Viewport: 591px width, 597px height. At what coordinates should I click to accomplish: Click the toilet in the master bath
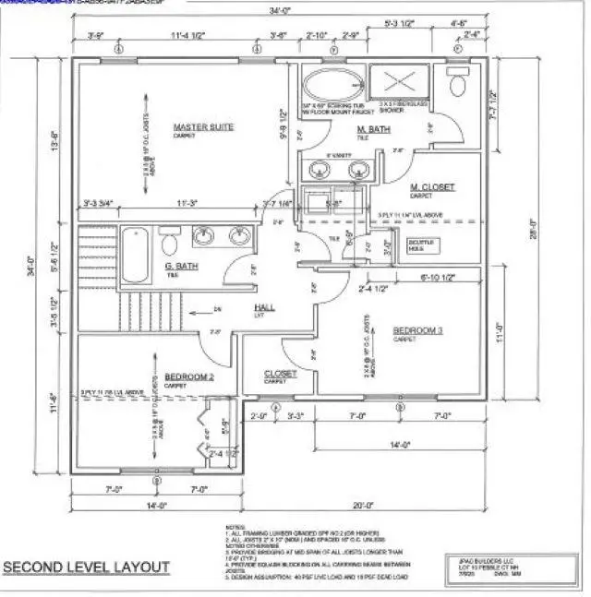(x=456, y=85)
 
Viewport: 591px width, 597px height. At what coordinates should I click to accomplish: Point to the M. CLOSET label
(x=432, y=187)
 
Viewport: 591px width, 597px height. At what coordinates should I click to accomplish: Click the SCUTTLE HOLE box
(x=426, y=245)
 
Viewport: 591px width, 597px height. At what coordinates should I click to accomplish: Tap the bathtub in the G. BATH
(x=136, y=256)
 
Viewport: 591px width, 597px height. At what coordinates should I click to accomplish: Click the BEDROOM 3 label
(x=417, y=329)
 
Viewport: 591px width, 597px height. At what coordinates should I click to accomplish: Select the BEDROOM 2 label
(x=189, y=376)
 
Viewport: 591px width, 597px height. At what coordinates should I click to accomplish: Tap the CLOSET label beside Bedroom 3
(x=281, y=374)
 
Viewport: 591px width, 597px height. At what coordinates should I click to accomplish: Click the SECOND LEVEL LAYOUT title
(x=87, y=566)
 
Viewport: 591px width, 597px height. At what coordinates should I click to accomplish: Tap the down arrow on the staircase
(x=214, y=308)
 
